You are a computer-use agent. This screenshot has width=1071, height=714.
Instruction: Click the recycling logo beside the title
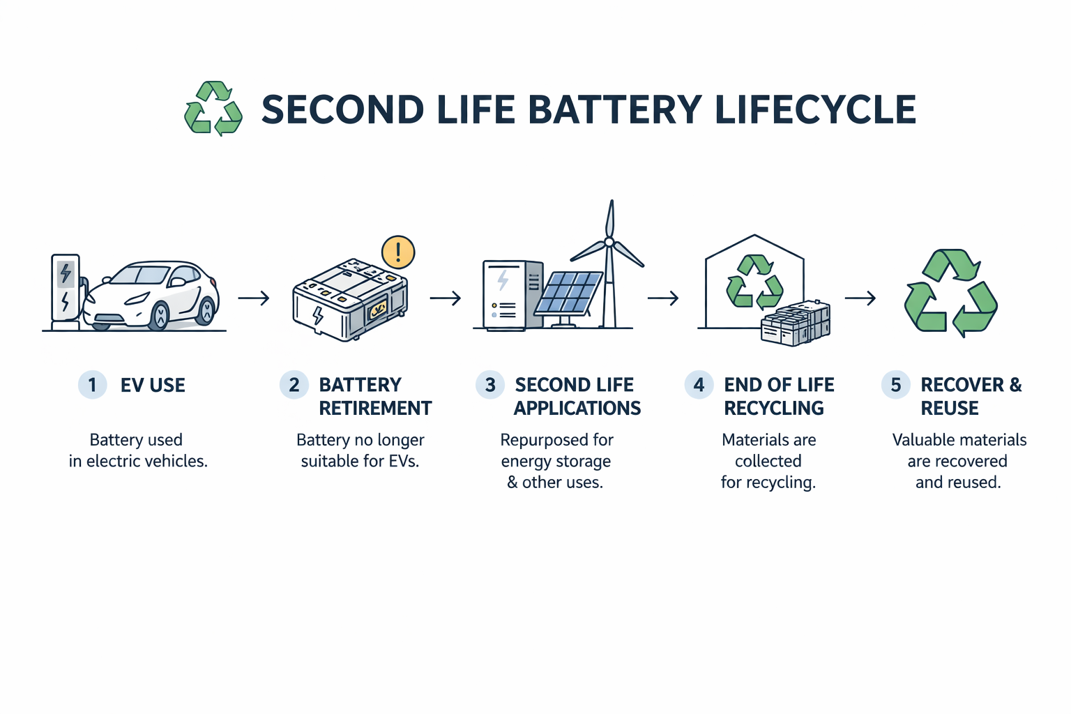click(213, 109)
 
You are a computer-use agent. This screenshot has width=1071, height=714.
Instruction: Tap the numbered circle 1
click(92, 385)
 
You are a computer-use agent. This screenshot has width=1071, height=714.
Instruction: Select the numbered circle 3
click(490, 385)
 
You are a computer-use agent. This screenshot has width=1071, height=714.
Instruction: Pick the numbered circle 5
click(896, 385)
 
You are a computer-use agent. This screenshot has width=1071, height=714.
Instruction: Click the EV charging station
click(66, 289)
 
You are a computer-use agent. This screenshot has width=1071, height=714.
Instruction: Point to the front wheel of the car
click(160, 316)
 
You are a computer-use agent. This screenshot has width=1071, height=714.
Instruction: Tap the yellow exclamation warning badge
click(398, 252)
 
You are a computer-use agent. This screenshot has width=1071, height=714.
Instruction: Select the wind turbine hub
click(609, 242)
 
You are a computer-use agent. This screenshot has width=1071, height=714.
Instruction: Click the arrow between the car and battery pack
click(254, 298)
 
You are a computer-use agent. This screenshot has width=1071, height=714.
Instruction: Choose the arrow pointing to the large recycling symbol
click(860, 298)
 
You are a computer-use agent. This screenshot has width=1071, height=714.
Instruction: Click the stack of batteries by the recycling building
click(796, 324)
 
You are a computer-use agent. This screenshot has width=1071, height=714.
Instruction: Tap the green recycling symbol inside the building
click(754, 282)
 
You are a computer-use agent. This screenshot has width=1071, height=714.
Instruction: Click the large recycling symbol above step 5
click(950, 293)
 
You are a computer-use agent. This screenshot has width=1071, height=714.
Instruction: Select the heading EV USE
click(153, 385)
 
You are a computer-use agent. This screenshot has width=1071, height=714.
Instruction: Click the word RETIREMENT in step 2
click(375, 409)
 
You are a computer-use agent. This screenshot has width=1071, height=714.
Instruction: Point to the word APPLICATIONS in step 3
click(577, 409)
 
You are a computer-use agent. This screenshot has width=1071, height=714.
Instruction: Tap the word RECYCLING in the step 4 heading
click(774, 409)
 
